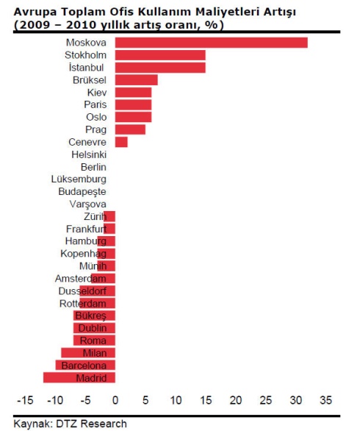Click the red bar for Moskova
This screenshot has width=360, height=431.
pyautogui.click(x=211, y=43)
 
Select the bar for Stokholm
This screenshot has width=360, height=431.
pyautogui.click(x=160, y=55)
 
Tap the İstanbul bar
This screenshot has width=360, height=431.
pyautogui.click(x=160, y=68)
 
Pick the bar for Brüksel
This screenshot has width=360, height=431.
pyautogui.click(x=136, y=80)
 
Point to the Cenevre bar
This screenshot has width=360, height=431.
pyautogui.click(x=121, y=142)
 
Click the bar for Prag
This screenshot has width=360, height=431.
pyautogui.click(x=130, y=129)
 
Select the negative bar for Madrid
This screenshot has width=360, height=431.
pyautogui.click(x=79, y=377)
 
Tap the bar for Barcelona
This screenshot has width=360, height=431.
pyautogui.click(x=85, y=365)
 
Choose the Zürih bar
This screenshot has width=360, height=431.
pyautogui.click(x=109, y=216)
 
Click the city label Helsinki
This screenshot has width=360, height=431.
pyautogui.click(x=89, y=154)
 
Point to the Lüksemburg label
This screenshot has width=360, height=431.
pyautogui.click(x=79, y=179)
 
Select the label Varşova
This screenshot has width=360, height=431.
pyautogui.click(x=88, y=204)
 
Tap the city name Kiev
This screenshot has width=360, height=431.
pyautogui.click(x=97, y=93)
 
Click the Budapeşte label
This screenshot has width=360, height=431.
pyautogui.click(x=82, y=191)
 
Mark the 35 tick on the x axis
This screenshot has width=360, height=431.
pyautogui.click(x=325, y=400)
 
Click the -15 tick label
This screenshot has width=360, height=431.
pyautogui.click(x=25, y=400)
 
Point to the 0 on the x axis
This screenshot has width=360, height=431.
pyautogui.click(x=115, y=400)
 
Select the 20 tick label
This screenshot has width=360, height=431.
pyautogui.click(x=236, y=400)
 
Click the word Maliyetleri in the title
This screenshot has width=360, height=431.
pyautogui.click(x=226, y=12)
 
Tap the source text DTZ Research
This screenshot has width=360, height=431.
pyautogui.click(x=91, y=424)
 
